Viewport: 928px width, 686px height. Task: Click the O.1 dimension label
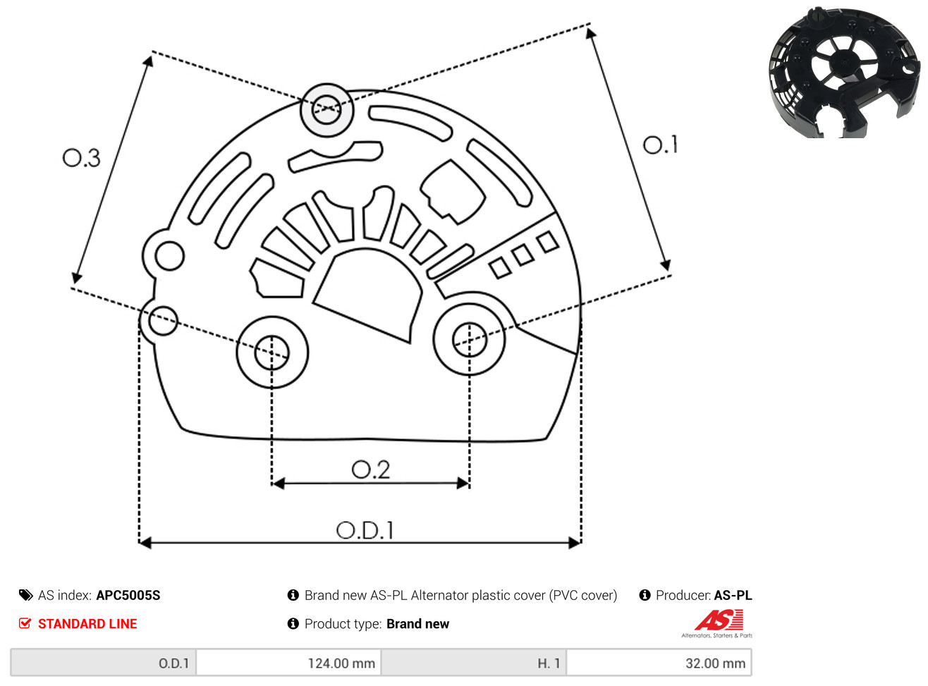point(659,145)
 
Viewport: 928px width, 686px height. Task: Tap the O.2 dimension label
point(370,470)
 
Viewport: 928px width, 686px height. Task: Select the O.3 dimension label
point(81,158)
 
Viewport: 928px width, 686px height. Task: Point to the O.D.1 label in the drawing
point(365,530)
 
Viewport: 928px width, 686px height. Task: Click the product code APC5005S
point(128,595)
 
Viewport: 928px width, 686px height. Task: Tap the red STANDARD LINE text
point(87,624)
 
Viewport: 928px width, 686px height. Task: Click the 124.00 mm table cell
point(288,663)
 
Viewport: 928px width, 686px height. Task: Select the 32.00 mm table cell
point(659,663)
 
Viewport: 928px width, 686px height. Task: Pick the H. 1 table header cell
point(474,663)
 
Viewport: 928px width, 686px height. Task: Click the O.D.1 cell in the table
point(104,663)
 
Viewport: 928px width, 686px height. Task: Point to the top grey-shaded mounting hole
point(326,109)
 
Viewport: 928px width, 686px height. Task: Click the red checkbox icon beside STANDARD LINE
point(25,623)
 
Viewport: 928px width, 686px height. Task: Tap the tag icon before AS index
point(26,595)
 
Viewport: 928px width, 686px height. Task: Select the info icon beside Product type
point(293,624)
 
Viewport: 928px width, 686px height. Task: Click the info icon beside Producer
point(645,595)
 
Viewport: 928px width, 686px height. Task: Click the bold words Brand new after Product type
point(417,624)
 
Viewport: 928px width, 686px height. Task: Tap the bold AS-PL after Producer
point(733,595)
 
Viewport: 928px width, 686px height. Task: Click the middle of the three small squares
point(523,255)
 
